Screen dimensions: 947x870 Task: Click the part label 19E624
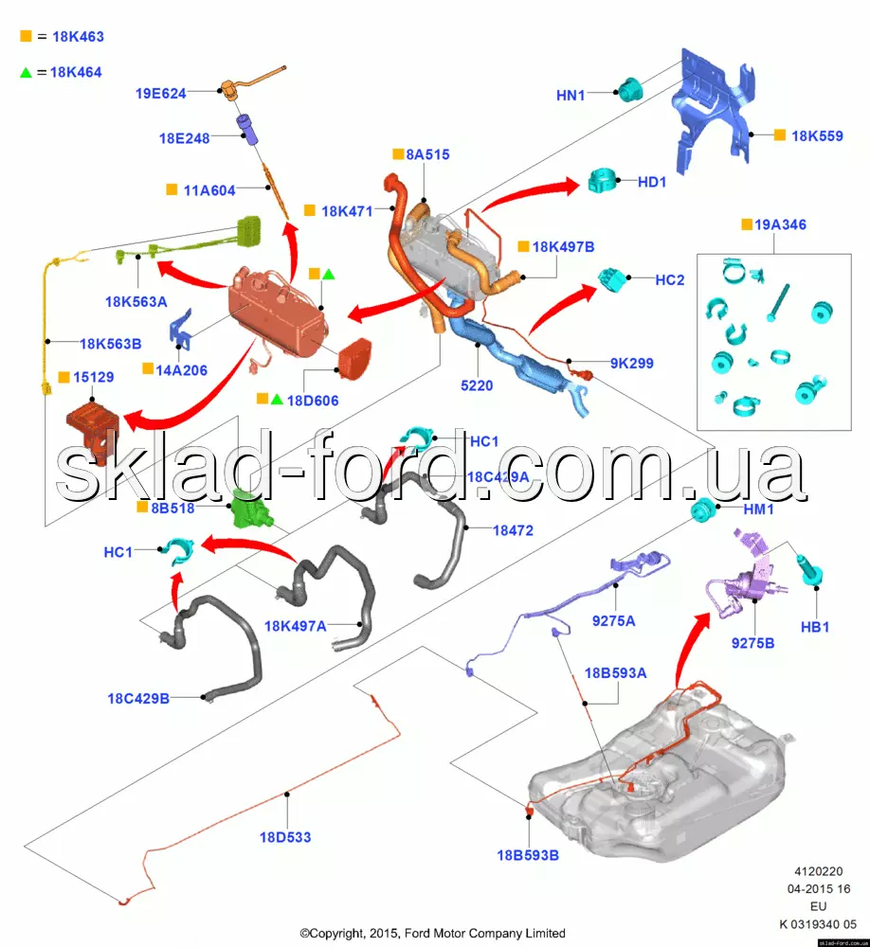pos(161,93)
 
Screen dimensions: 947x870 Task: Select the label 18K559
pos(817,135)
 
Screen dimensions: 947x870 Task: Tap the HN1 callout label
pos(571,95)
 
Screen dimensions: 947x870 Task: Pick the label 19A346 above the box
pos(781,224)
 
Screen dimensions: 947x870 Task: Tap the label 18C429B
pos(138,699)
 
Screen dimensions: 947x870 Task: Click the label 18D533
pos(284,837)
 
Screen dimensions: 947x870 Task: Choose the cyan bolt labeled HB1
pos(812,573)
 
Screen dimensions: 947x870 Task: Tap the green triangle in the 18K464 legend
pos(26,71)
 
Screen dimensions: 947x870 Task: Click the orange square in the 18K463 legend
pos(26,37)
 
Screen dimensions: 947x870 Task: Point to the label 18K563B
pos(111,344)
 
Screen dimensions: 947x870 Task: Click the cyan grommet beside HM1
pos(702,511)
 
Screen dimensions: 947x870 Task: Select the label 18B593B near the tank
pos(528,855)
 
